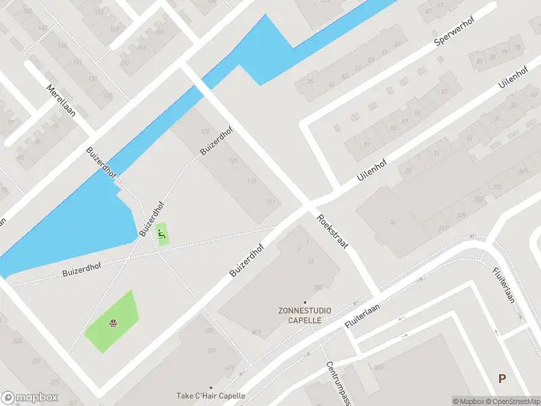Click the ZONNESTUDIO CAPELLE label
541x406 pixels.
tap(304, 315)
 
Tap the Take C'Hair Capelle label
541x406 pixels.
tap(210, 396)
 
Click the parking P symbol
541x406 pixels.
tap(502, 379)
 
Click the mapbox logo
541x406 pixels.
tap(30, 397)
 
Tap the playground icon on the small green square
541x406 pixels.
tap(162, 234)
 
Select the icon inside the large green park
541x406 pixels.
tap(113, 323)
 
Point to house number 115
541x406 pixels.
tap(252, 181)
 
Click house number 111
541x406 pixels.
tap(271, 202)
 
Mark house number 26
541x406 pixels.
tap(392, 221)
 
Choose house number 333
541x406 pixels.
tap(18, 340)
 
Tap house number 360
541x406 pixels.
tap(378, 367)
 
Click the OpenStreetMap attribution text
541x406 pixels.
tap(513, 401)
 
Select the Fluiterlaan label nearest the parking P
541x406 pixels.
tap(505, 286)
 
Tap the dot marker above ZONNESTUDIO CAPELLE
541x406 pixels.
tap(304, 302)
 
